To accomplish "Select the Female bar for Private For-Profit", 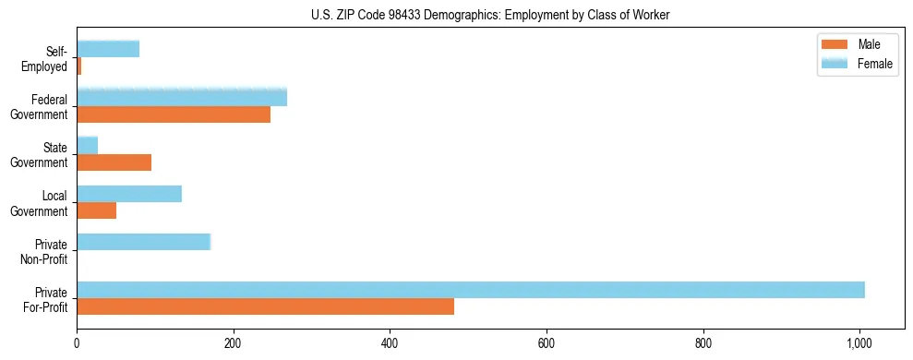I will (x=471, y=290).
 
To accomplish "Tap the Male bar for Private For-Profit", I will (x=265, y=306).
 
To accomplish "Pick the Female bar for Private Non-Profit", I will (x=143, y=242).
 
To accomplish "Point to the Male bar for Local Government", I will (x=96, y=210).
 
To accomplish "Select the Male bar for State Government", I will (x=114, y=162).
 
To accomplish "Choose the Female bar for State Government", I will (x=87, y=146).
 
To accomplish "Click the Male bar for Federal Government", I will (x=174, y=114).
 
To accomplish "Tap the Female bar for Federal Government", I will (x=182, y=98).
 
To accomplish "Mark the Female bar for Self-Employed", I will (x=108, y=49).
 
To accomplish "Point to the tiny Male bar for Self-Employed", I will (x=78, y=66).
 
